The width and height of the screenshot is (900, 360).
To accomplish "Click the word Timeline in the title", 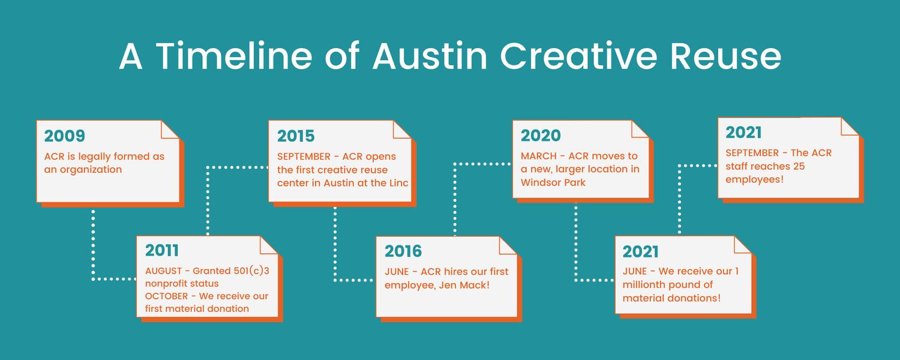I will [234, 56].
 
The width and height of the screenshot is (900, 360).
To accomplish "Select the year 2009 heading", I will [65, 136].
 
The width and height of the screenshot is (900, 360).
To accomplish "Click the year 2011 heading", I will [162, 250].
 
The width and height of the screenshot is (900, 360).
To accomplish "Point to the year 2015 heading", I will [296, 136].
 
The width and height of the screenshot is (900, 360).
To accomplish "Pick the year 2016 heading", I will [403, 251].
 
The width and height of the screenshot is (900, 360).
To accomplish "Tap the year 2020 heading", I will [541, 136].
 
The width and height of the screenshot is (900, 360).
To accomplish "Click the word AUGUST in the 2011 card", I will [163, 271].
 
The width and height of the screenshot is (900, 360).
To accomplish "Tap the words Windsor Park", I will [553, 182].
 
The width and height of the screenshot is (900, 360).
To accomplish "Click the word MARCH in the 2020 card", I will [538, 156].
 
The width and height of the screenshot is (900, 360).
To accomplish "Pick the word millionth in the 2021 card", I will [648, 284].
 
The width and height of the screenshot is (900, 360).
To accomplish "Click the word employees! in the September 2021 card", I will [754, 179].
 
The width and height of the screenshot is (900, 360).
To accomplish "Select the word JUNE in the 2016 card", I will [397, 272].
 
